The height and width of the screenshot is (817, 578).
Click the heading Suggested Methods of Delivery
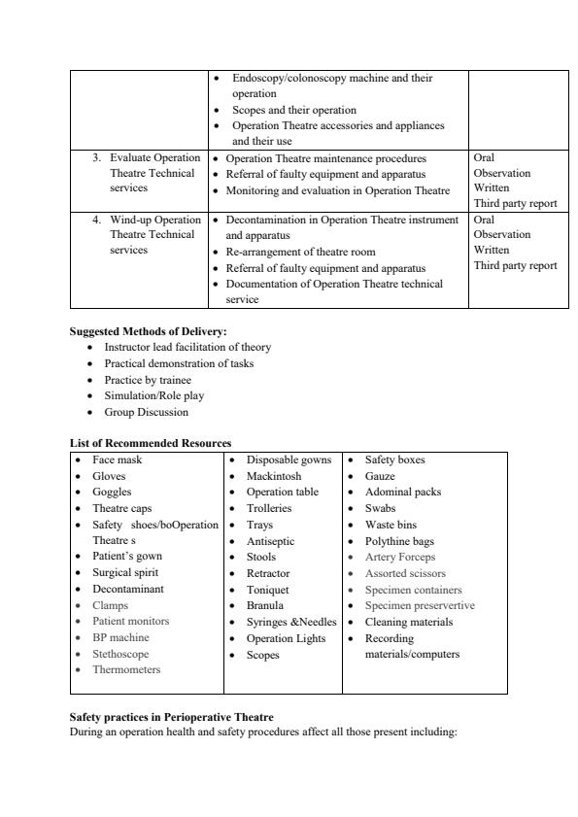(x=148, y=331)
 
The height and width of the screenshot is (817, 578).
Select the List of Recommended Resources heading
(x=150, y=443)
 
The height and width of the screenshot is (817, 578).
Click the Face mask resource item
(x=117, y=460)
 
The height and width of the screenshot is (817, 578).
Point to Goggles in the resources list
(x=112, y=493)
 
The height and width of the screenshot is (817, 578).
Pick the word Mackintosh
(x=273, y=476)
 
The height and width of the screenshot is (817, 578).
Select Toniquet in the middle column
(x=269, y=590)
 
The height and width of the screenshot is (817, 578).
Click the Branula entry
(x=264, y=605)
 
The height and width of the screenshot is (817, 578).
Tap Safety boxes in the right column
(x=394, y=460)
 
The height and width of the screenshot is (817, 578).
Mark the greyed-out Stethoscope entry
(x=120, y=654)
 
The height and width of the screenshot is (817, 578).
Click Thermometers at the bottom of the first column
(x=126, y=670)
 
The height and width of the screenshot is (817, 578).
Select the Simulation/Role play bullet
(x=153, y=395)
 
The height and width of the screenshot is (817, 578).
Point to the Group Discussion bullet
(x=146, y=412)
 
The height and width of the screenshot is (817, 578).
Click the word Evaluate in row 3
(x=132, y=157)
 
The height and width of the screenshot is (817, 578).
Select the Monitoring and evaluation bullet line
(x=337, y=190)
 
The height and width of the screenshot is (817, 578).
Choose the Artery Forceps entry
(x=399, y=558)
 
